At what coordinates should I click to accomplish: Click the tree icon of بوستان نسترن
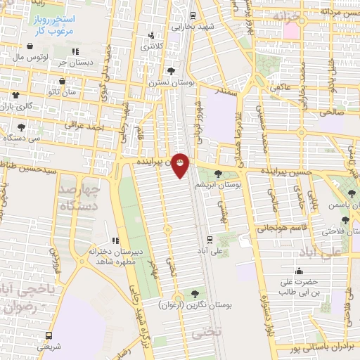[x=170, y=71]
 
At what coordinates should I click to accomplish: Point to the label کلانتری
[x=150, y=46]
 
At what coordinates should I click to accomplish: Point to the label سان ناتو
[x=61, y=93]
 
